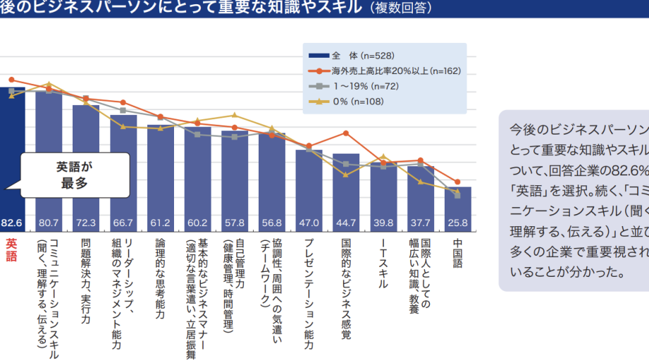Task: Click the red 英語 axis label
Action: [11, 250]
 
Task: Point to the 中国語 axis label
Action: [457, 255]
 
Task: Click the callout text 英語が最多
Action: [75, 175]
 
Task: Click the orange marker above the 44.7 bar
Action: [346, 133]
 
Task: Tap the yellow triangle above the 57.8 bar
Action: [235, 115]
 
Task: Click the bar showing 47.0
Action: [309, 190]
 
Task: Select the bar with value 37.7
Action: [421, 197]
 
